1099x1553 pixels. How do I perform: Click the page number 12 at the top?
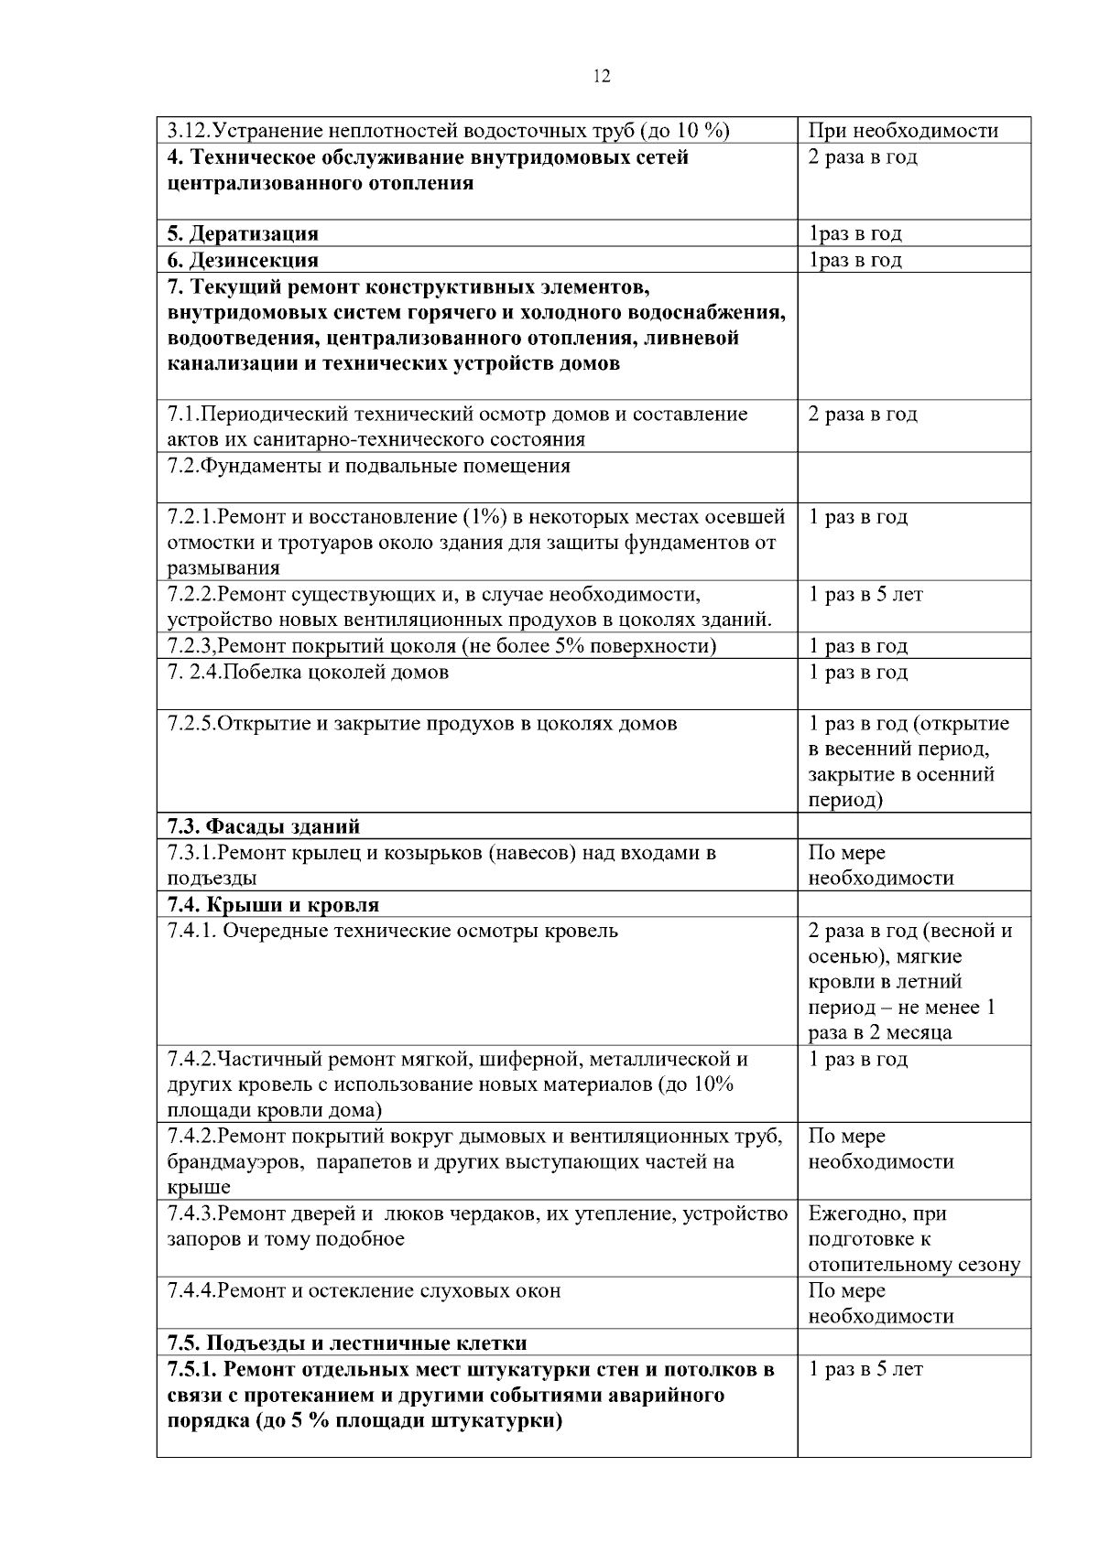tap(602, 76)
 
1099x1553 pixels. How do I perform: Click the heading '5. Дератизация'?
tap(243, 234)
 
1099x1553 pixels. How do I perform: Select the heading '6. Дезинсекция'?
tap(243, 260)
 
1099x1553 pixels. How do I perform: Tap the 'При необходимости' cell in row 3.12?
tap(903, 131)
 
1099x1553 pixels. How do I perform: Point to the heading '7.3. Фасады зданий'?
tap(264, 826)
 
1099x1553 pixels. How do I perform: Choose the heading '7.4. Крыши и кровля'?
tap(273, 905)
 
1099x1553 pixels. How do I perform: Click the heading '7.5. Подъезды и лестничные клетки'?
tap(347, 1343)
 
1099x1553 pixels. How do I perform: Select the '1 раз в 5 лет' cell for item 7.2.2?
tap(865, 595)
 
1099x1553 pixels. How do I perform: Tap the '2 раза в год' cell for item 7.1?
tap(863, 414)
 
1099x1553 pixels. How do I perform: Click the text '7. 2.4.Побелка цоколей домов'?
tap(309, 673)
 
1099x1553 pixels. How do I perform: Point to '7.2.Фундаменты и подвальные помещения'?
tap(369, 466)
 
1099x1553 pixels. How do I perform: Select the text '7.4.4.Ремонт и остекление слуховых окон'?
tap(364, 1290)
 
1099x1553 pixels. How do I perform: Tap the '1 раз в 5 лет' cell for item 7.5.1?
tap(865, 1369)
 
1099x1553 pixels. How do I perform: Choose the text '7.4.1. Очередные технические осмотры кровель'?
tap(393, 931)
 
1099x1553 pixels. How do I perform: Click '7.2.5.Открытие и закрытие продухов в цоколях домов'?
tap(422, 724)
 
